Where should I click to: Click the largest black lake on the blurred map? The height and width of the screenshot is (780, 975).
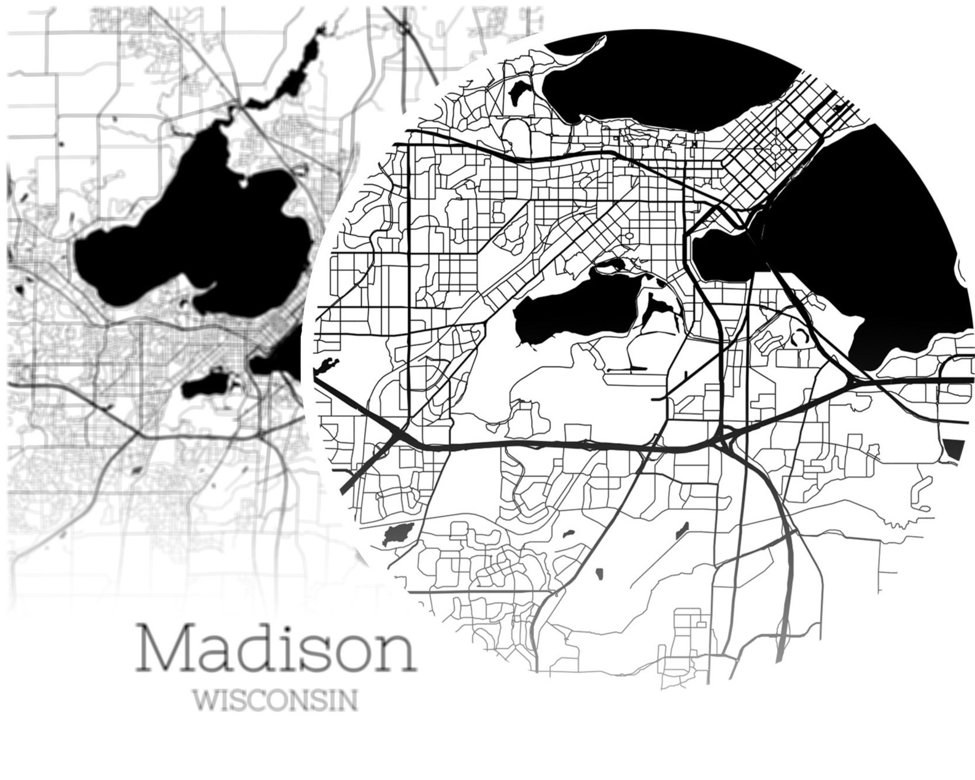coord(203,240)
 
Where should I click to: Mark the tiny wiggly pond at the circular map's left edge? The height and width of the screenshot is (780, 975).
coord(327,365)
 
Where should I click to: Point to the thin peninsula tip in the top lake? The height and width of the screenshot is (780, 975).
coord(602,39)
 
